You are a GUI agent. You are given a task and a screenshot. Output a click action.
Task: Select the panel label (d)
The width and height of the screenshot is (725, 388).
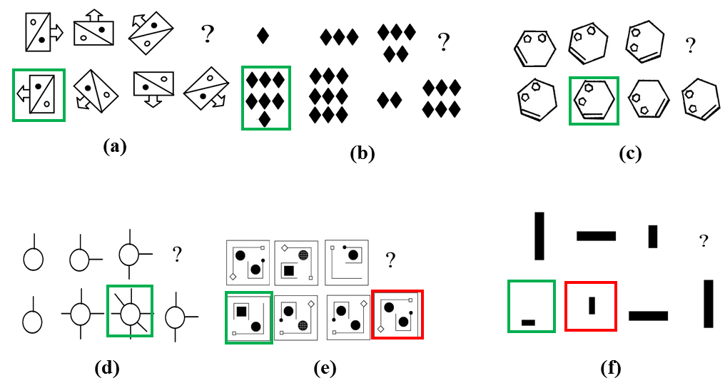tap(107, 368)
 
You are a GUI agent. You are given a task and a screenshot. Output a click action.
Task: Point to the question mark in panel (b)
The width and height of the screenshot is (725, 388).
tap(443, 43)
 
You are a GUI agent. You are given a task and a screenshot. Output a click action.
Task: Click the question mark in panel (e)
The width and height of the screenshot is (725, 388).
tap(390, 260)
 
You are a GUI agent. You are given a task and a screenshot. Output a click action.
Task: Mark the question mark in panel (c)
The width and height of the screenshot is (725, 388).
tap(690, 46)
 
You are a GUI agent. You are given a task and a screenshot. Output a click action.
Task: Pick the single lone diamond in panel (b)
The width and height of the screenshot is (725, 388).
tap(263, 35)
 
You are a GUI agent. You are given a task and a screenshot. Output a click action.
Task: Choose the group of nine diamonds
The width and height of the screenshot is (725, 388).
tap(329, 95)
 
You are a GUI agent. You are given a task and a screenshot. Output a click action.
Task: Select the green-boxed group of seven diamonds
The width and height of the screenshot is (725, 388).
tap(266, 98)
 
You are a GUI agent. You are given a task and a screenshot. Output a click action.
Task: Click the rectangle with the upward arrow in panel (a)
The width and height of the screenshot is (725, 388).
tap(94, 29)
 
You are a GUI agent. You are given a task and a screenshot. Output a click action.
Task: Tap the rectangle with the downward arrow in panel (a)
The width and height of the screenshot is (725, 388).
tap(153, 87)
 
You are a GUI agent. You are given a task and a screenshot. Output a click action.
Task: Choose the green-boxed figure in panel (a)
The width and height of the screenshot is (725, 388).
tap(39, 94)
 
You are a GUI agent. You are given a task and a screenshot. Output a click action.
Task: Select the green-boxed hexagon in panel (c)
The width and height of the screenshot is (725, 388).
tap(594, 100)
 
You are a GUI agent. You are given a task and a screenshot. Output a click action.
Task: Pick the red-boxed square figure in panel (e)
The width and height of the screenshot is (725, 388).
tap(397, 315)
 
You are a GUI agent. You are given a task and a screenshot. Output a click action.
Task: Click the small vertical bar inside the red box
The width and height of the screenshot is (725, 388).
tap(592, 305)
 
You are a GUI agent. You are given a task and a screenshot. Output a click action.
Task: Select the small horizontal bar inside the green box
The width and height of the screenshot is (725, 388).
tap(528, 322)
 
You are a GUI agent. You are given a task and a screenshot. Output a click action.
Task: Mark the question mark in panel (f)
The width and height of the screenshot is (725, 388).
tap(704, 241)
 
